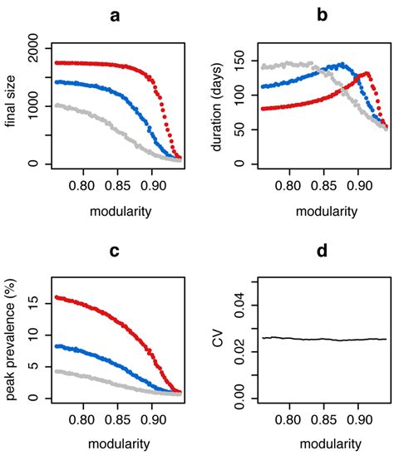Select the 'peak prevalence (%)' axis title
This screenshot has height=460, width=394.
coord(11,336)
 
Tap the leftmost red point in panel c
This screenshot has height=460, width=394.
coord(56,296)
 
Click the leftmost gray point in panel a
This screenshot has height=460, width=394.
coord(56,105)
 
